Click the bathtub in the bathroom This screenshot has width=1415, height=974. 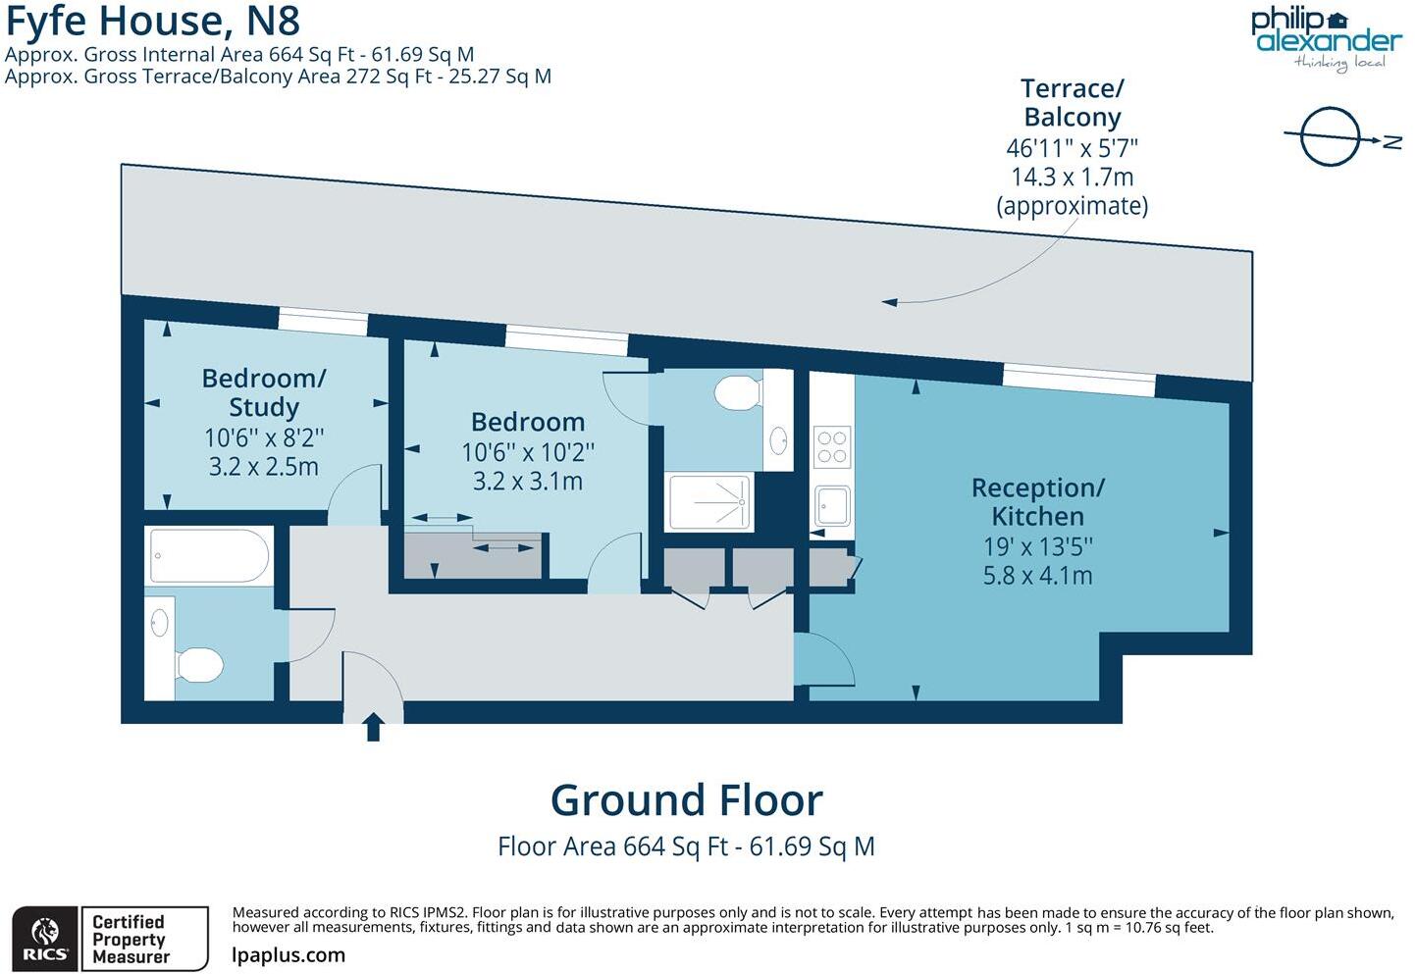click(209, 556)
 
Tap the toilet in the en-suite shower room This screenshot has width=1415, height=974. click(737, 393)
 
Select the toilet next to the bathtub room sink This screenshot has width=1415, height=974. click(200, 665)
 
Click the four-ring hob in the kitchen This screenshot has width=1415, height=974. click(832, 446)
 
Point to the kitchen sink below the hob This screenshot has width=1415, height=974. click(832, 507)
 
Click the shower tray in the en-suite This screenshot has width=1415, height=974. click(709, 502)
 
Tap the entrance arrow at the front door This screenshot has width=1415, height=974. click(373, 727)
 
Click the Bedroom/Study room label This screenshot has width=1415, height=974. click(263, 392)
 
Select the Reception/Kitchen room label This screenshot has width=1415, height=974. click(1037, 501)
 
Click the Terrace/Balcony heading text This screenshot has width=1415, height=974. click(1072, 103)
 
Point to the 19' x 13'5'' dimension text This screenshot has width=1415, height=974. click(1037, 546)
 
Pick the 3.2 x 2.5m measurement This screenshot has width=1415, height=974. click(263, 467)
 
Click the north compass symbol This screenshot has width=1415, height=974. click(1333, 137)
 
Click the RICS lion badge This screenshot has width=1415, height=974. click(44, 939)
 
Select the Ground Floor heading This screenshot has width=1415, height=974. click(686, 800)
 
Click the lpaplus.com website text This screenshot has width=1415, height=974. click(288, 955)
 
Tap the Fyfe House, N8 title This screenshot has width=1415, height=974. click(153, 21)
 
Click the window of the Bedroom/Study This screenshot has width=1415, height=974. click(323, 321)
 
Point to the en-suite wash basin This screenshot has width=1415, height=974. click(778, 440)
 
